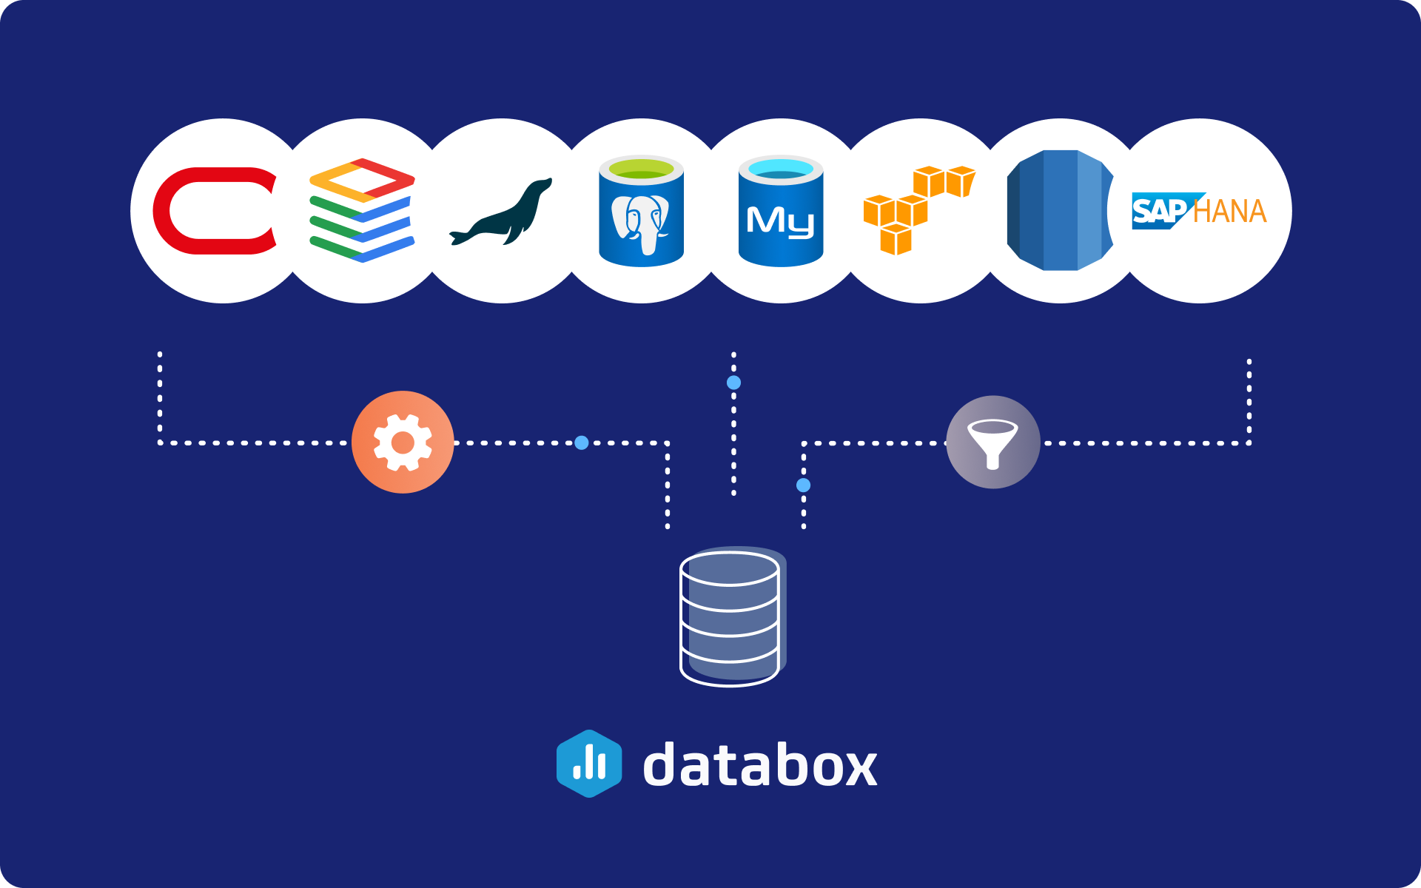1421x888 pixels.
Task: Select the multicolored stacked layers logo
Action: (361, 211)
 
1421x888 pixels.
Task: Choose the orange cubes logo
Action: (918, 210)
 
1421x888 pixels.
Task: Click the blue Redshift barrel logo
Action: (1060, 210)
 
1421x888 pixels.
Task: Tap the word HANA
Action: (1229, 212)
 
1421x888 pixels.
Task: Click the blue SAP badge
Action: (1159, 212)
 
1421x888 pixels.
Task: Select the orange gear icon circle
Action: (403, 443)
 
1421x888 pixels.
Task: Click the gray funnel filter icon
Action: (993, 443)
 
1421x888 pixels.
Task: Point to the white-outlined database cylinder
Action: (730, 617)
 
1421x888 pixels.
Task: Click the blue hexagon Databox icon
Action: (589, 764)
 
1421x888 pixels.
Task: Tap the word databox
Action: (760, 765)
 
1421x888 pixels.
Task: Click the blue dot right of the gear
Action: (582, 443)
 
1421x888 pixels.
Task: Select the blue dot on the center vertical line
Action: (733, 383)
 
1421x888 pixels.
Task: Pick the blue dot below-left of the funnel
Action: (803, 485)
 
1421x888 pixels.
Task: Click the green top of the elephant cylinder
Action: (641, 169)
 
